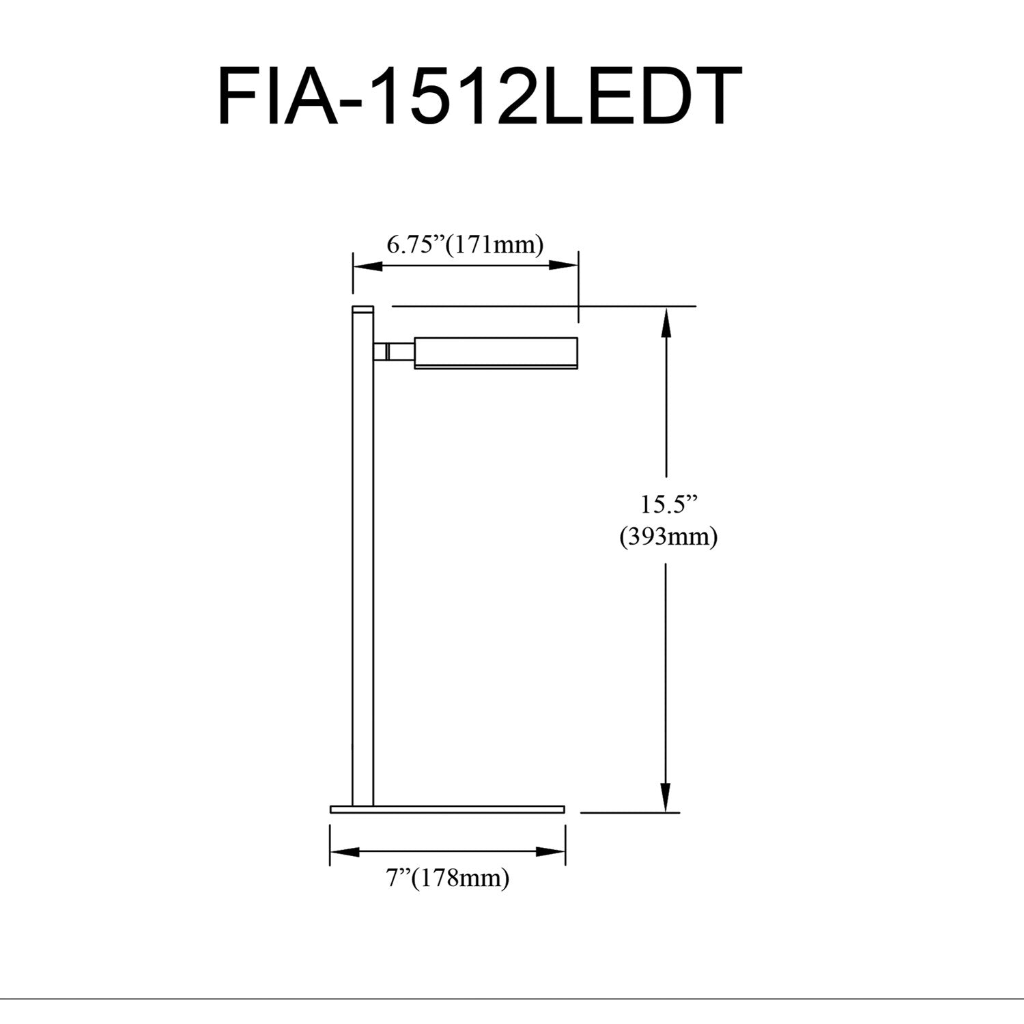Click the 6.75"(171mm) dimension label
pyautogui.click(x=465, y=244)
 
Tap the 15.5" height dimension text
pyautogui.click(x=669, y=504)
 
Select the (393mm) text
pyautogui.click(x=668, y=537)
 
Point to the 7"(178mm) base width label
pyautogui.click(x=448, y=878)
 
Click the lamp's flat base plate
pyautogui.click(x=448, y=809)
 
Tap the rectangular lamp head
pyautogui.click(x=496, y=353)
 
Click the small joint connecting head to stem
pyautogui.click(x=393, y=352)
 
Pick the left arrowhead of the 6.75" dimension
pyautogui.click(x=366, y=266)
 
